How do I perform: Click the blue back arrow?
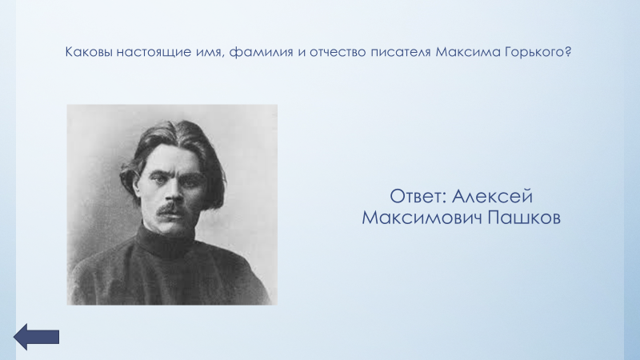36,337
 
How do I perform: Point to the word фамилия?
262,53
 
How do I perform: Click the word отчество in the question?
338,53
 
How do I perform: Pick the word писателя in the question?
401,53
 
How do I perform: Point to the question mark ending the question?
567,52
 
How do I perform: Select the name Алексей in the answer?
492,196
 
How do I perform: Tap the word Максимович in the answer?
422,218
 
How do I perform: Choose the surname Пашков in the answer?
524,218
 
